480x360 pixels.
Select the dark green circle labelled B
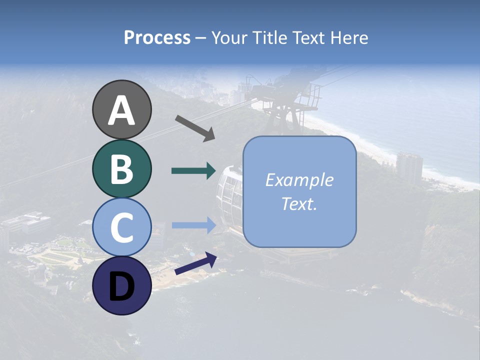pos(122,168)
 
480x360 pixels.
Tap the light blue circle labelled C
pos(122,227)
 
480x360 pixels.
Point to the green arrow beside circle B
pos(193,170)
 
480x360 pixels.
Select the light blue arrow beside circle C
pos(193,225)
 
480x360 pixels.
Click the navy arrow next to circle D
pos(195,264)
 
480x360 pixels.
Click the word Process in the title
pos(157,37)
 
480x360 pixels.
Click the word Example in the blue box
pos(299,180)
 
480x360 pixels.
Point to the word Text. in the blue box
pos(299,203)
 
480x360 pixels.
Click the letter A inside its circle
pos(122,110)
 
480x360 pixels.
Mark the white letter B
pos(122,169)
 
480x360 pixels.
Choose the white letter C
pos(122,228)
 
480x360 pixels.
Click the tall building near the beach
pos(409,167)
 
